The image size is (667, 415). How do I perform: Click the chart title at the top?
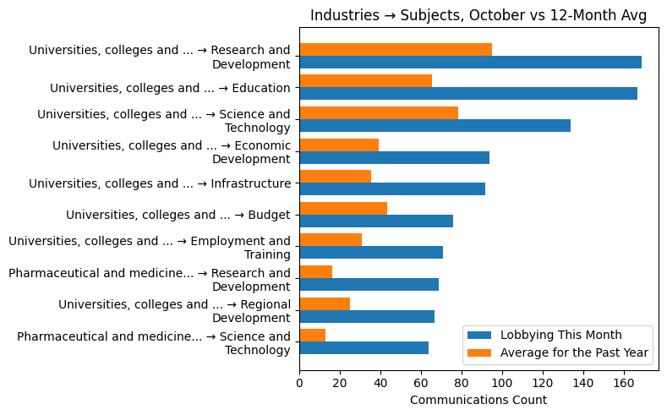coord(479,16)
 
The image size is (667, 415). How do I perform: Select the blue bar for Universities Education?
coord(468,94)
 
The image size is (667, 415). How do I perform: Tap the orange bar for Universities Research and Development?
coord(396,49)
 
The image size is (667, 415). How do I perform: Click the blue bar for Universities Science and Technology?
coord(435,126)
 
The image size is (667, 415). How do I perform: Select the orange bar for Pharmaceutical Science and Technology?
coord(312,335)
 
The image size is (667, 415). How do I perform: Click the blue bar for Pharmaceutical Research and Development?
coord(369,285)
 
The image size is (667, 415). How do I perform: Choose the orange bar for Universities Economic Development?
coord(339,145)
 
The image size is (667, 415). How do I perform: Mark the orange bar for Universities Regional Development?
coord(325,303)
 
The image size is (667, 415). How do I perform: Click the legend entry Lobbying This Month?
coord(560,335)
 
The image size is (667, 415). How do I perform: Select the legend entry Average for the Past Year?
coord(574,352)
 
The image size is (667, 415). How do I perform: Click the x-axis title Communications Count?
coord(478,400)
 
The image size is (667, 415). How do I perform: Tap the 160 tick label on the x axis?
coord(624,384)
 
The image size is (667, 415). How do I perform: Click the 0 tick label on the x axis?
coord(299,384)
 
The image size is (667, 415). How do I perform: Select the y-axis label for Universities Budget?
coord(178,215)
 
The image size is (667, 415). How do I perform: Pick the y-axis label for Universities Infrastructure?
coord(160,183)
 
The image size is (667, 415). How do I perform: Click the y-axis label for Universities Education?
coord(170,88)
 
